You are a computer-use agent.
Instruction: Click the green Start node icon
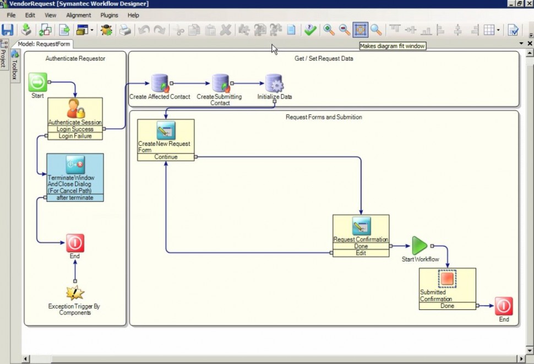tap(38, 83)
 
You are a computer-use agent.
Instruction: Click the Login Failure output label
tap(75, 136)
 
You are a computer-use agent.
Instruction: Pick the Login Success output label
tap(75, 129)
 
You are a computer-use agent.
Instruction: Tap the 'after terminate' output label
tap(75, 198)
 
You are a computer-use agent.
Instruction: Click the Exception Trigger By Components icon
tap(75, 292)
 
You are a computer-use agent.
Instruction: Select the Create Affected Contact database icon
tap(160, 83)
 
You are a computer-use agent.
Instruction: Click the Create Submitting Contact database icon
tap(220, 83)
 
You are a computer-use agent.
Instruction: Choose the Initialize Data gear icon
tap(274, 83)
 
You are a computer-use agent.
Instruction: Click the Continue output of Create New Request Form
tap(166, 157)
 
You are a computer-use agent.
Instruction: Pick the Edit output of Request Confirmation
tap(361, 253)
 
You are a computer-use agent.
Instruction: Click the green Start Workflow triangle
tap(419, 246)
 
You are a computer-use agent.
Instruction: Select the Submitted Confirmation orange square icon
tap(447, 279)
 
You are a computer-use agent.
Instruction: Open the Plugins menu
tap(109, 15)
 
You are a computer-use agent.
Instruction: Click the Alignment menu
tap(79, 15)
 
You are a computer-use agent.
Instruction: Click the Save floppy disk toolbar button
tap(8, 30)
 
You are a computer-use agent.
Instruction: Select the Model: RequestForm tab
tap(43, 44)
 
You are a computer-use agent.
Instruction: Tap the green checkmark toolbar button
tap(310, 30)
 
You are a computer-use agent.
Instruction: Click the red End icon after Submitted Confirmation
tap(504, 306)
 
